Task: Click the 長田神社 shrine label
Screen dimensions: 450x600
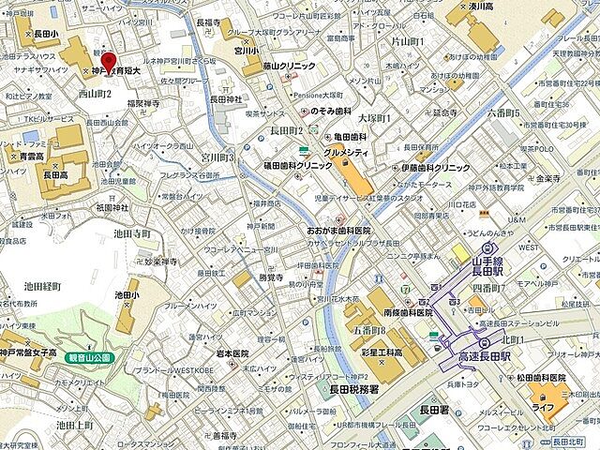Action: click(225, 98)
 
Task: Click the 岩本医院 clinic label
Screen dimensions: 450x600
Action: click(232, 353)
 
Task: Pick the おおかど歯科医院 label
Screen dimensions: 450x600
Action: click(338, 231)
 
